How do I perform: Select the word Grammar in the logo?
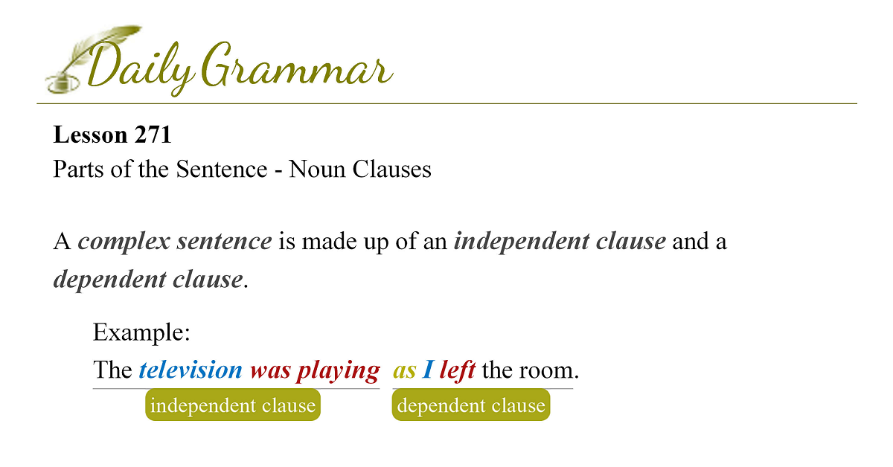297,65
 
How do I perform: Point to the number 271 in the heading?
153,135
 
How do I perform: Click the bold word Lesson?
90,135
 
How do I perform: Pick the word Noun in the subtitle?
317,169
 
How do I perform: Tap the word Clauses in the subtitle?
391,169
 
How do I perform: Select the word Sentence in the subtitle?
222,169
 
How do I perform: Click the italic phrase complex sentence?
175,242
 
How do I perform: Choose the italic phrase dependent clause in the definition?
148,280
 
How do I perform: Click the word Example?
141,332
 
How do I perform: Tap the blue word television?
191,370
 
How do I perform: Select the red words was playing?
315,370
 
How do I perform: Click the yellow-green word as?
405,371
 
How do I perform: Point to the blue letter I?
428,370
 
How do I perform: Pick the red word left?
458,370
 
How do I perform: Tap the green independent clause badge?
233,405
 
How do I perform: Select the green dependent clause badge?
471,405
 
